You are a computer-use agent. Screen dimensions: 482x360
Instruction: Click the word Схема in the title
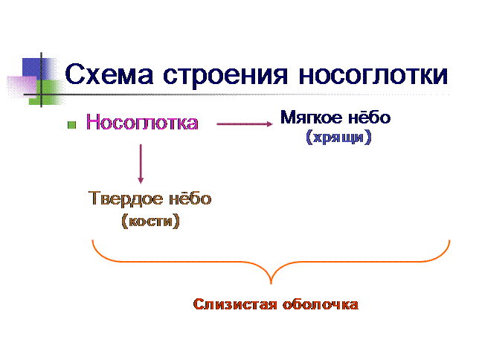tap(109, 74)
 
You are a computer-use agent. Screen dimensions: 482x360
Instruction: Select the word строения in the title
tap(225, 76)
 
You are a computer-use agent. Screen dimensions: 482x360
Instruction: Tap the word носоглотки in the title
tap(373, 75)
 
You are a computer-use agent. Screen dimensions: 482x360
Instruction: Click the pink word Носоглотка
tap(142, 123)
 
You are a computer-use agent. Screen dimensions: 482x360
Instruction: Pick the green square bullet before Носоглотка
tap(71, 125)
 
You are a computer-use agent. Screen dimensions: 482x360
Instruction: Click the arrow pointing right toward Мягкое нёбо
tap(245, 124)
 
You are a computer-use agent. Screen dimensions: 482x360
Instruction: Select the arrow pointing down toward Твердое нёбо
tap(141, 164)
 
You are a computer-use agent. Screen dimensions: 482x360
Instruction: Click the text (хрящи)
tap(338, 137)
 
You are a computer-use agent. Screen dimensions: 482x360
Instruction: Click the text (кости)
tap(150, 221)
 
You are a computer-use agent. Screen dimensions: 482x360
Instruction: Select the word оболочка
tap(321, 304)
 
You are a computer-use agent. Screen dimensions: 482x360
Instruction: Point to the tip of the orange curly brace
tap(271, 283)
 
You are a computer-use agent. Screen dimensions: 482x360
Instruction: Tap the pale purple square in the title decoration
tap(22, 87)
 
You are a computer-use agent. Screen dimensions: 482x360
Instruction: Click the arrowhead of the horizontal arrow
tap(270, 124)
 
